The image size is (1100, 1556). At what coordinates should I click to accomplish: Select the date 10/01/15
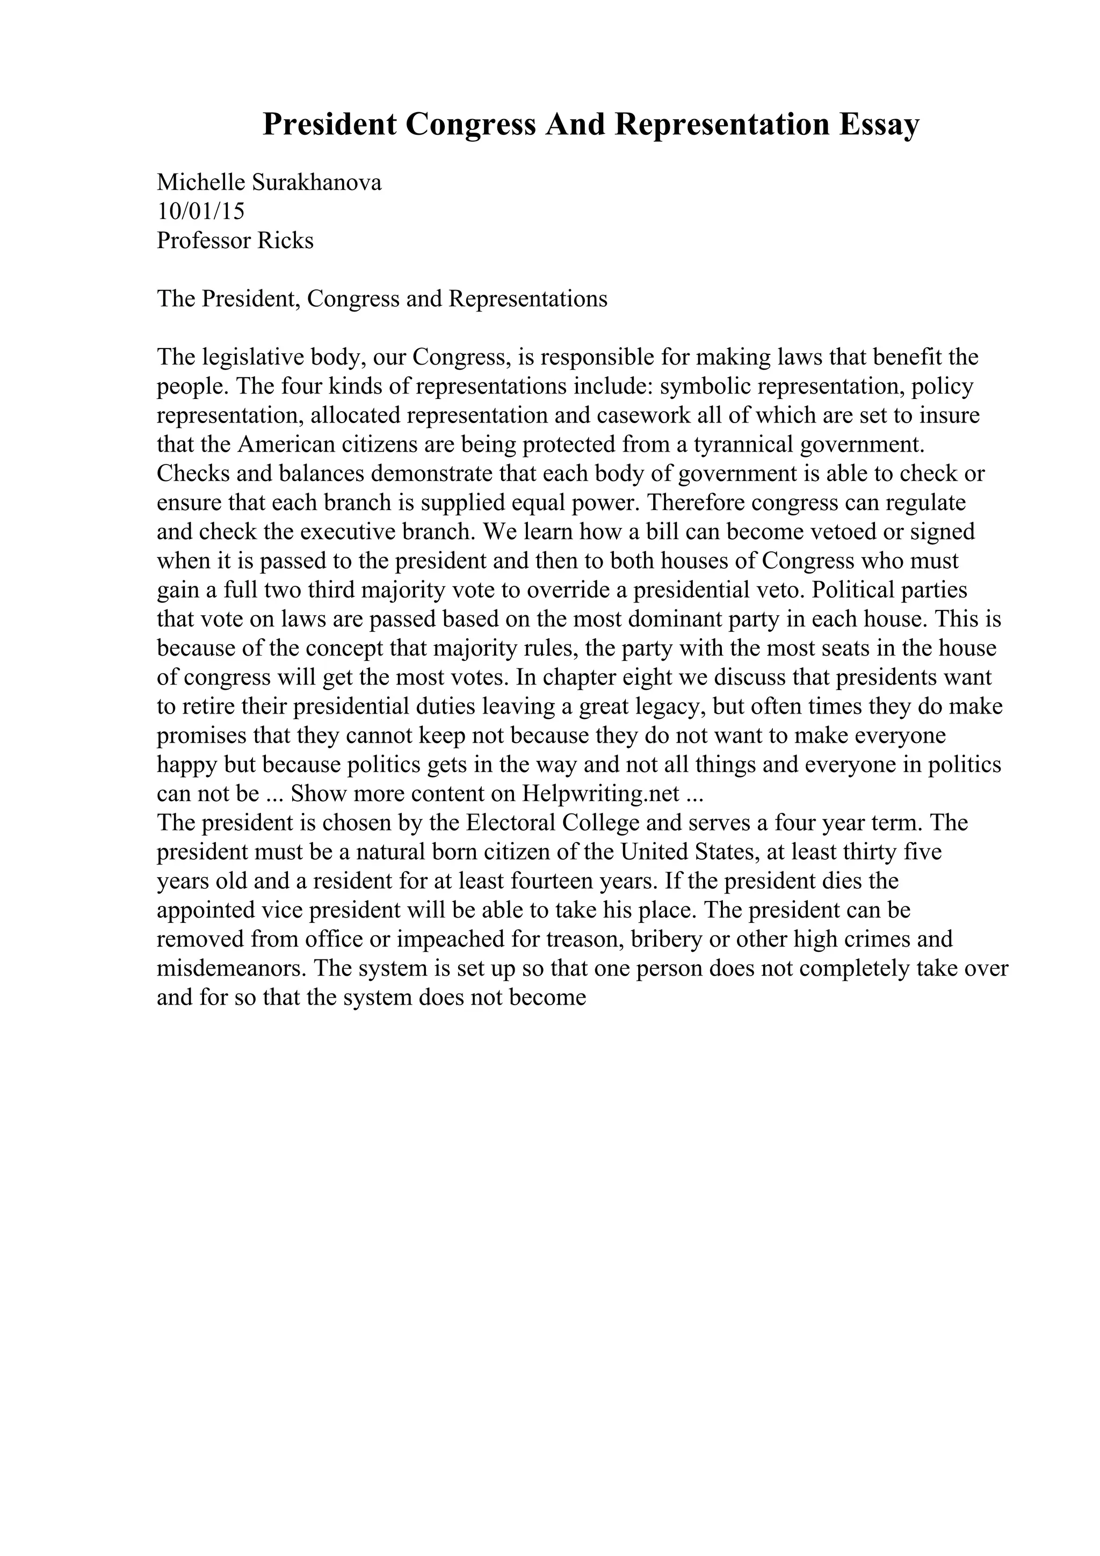[201, 212]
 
